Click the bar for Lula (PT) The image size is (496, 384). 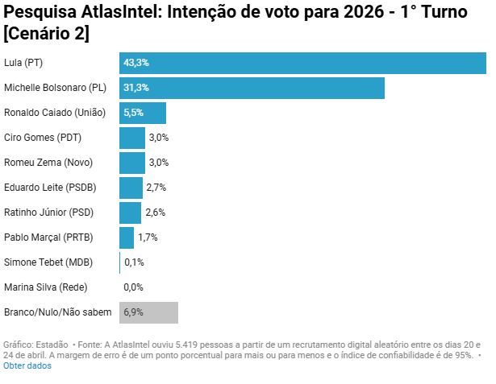pyautogui.click(x=302, y=63)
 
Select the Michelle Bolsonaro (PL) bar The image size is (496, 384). pyautogui.click(x=252, y=88)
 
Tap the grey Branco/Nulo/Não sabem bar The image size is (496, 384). pyautogui.click(x=148, y=312)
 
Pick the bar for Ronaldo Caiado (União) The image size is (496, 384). pyautogui.click(x=143, y=113)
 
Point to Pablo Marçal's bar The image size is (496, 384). pyautogui.click(x=127, y=237)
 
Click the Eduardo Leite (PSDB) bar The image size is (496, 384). pyautogui.click(x=131, y=188)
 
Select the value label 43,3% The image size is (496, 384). pyautogui.click(x=136, y=63)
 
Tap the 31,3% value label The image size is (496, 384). pyautogui.click(x=136, y=88)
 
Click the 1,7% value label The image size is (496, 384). pyautogui.click(x=148, y=237)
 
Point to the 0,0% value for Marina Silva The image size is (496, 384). pyautogui.click(x=133, y=287)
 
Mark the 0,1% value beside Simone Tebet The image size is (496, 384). pyautogui.click(x=134, y=262)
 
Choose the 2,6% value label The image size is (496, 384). pyautogui.click(x=155, y=213)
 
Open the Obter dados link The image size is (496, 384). pyautogui.click(x=27, y=365)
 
